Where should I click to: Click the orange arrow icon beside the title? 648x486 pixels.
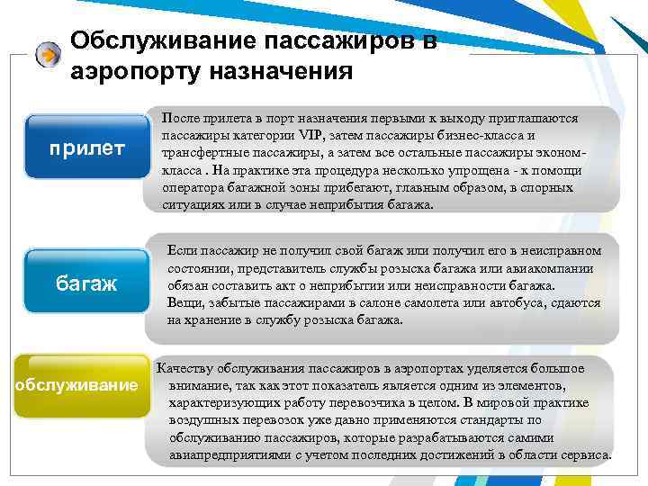(49, 55)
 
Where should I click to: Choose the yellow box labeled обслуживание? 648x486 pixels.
(76, 385)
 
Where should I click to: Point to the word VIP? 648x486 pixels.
(313, 136)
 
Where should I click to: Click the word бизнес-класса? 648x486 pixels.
(478, 136)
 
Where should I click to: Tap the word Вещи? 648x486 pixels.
(185, 302)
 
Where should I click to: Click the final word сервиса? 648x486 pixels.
(586, 454)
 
